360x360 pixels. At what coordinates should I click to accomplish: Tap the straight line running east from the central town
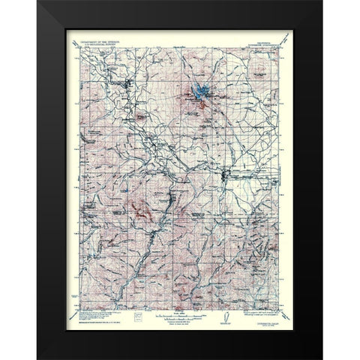[255, 178]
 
